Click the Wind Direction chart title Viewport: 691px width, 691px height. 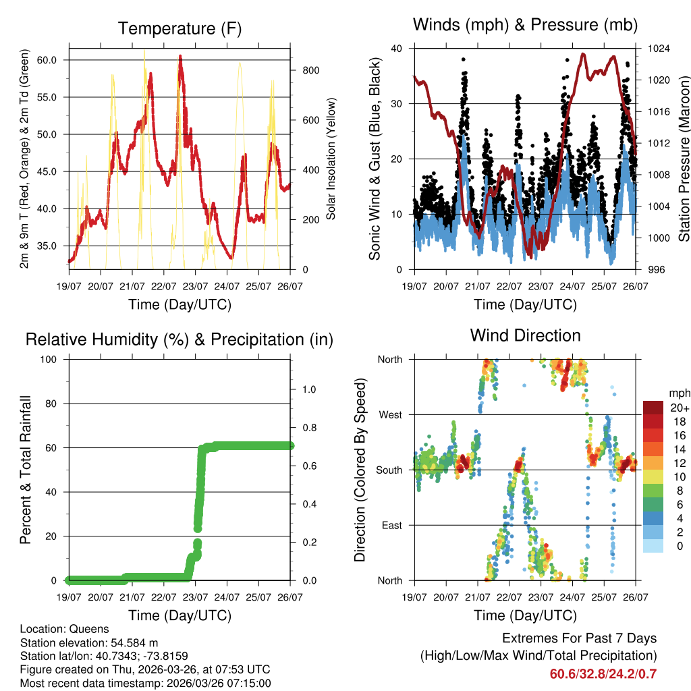(x=525, y=335)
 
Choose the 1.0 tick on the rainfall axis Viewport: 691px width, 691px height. (x=308, y=389)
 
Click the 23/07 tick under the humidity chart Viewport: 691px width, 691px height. (x=196, y=598)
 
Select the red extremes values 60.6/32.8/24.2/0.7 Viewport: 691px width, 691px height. (x=603, y=674)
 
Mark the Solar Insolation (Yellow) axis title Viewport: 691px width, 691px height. (x=331, y=159)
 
